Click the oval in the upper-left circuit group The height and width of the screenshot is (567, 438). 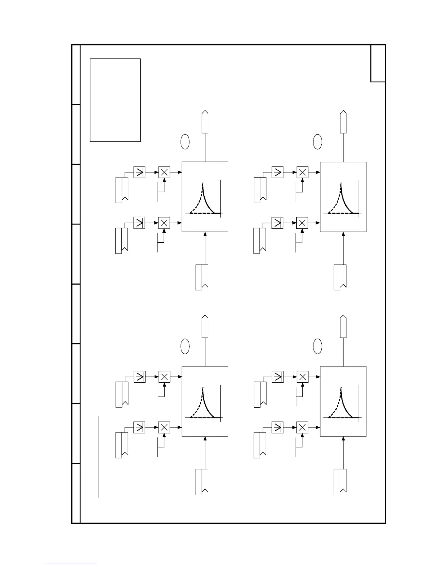(185, 142)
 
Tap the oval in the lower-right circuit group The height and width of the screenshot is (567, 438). (317, 346)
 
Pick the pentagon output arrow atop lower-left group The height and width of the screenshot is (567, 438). (205, 326)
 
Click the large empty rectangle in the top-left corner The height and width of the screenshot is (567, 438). (115, 100)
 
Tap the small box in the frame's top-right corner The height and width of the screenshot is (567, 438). (378, 63)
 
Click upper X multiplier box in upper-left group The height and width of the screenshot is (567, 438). (164, 172)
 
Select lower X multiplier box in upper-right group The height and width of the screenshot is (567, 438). (302, 223)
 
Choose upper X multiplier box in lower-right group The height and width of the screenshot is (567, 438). (302, 377)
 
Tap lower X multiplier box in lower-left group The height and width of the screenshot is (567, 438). (164, 427)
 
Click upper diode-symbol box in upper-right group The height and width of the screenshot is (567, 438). (277, 172)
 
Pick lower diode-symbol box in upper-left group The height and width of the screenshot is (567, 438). (139, 223)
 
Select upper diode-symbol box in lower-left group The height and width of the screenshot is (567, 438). (139, 377)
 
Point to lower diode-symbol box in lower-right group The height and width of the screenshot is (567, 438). (277, 427)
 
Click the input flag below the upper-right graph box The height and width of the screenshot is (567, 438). (340, 277)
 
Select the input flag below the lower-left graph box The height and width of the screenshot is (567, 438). (202, 481)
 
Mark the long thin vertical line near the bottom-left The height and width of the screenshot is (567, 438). (98, 456)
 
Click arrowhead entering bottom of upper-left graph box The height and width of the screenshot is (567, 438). (205, 234)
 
